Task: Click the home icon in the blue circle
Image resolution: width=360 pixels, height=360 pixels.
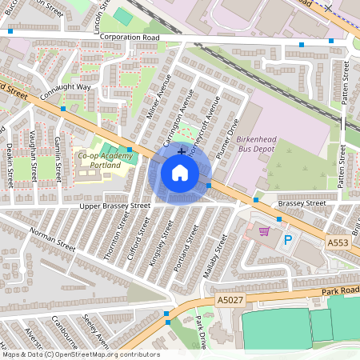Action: tap(180, 172)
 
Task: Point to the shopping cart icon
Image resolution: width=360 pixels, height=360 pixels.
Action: tap(264, 232)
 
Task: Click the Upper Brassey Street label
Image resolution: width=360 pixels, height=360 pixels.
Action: tap(114, 206)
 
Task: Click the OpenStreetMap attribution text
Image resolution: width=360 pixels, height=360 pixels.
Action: tap(80, 354)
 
